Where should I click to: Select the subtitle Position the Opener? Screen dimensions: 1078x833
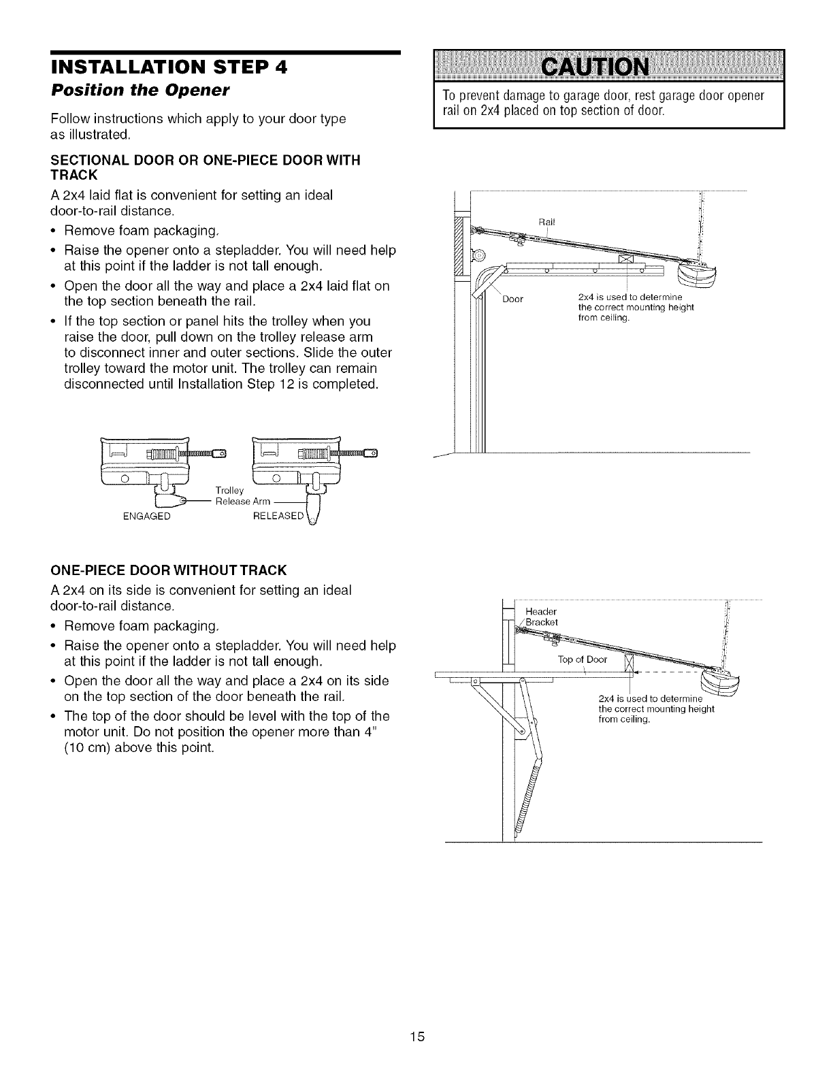[122, 91]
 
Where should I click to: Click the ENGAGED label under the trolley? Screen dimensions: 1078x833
[146, 517]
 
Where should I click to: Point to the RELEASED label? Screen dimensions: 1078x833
[277, 516]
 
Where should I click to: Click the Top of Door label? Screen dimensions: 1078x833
[581, 659]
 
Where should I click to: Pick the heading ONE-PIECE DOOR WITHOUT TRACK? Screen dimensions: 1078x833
[169, 569]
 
